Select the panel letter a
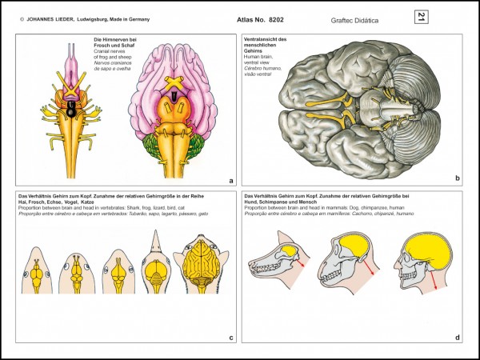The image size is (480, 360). [x=230, y=181]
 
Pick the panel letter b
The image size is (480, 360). [x=457, y=181]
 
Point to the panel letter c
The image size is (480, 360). [x=230, y=338]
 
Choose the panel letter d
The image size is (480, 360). [x=457, y=338]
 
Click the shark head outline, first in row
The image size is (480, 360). [x=38, y=280]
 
